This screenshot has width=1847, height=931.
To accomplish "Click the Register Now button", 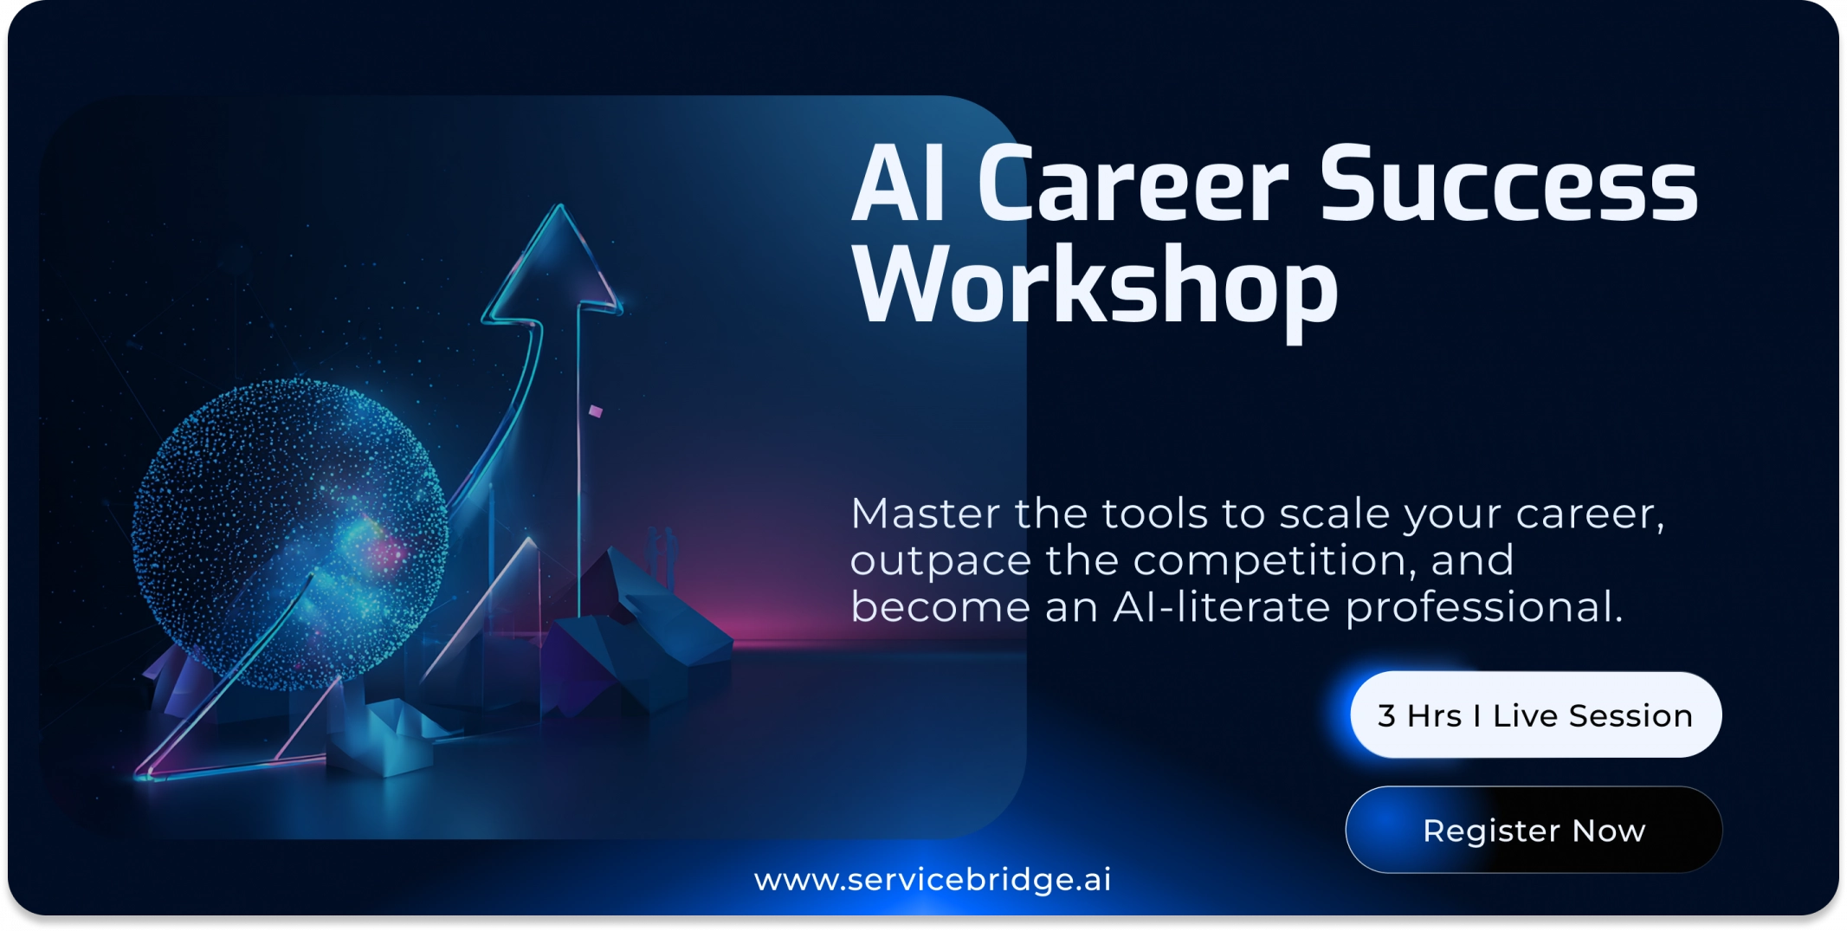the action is pyautogui.click(x=1534, y=830).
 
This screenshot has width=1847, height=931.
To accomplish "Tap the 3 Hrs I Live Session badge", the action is pyautogui.click(x=1535, y=714).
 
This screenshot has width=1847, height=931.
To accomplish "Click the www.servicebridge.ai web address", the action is pyautogui.click(x=933, y=880).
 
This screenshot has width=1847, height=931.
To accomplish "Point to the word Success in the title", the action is pyautogui.click(x=1508, y=184).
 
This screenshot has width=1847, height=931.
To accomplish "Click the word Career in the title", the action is pyautogui.click(x=1134, y=184).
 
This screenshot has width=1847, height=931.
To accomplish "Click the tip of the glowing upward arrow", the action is pyautogui.click(x=560, y=205).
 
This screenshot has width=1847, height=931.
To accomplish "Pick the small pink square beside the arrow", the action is pyautogui.click(x=596, y=411).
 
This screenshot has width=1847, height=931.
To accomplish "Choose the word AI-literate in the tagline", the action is pyautogui.click(x=1222, y=606).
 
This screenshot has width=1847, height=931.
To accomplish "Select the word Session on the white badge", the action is pyautogui.click(x=1631, y=716).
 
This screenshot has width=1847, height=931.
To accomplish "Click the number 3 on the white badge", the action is pyautogui.click(x=1386, y=716).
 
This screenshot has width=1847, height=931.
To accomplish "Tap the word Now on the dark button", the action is pyautogui.click(x=1609, y=831).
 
